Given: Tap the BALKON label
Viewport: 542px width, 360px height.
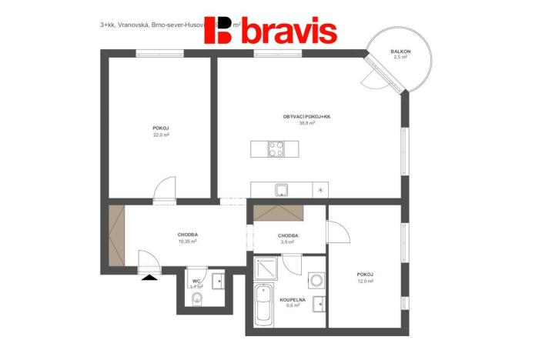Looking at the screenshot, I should [400, 52].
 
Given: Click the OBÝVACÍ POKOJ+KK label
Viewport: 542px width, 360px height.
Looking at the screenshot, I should [306, 117].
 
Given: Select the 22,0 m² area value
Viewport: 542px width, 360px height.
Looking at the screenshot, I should [161, 135].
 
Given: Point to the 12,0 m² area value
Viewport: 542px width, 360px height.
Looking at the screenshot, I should [365, 281].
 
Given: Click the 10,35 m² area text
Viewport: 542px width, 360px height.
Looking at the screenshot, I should [187, 241].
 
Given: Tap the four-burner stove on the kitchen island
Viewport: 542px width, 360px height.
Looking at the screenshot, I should [276, 148].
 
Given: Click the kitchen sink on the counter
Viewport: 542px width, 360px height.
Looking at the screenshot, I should [283, 189].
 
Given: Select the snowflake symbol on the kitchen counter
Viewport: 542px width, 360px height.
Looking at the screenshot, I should [321, 189].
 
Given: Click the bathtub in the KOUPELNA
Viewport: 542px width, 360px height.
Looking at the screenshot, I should [263, 305].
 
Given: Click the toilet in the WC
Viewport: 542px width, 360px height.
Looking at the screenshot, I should [197, 298].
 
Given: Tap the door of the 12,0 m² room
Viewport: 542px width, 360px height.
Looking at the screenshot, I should [337, 232].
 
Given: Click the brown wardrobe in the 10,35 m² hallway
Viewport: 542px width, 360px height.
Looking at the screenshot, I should [116, 235].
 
